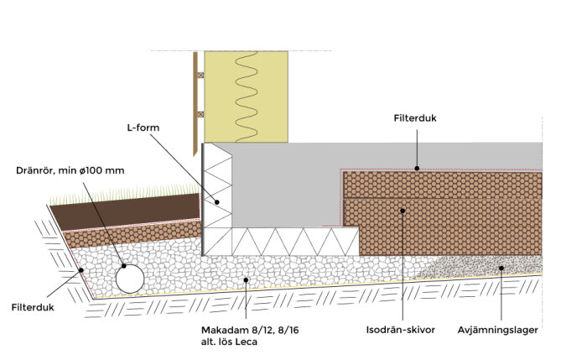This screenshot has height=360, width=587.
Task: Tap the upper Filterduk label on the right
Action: click(415, 119)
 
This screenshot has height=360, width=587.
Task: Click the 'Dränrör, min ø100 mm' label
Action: click(70, 170)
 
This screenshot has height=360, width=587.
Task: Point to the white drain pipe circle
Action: click(130, 276)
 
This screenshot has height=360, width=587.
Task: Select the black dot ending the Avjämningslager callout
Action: click(501, 269)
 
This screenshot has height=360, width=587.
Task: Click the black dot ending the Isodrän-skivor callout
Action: click(401, 210)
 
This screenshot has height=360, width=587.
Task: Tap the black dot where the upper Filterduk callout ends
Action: click(415, 168)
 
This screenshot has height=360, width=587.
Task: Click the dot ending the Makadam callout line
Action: click(245, 280)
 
